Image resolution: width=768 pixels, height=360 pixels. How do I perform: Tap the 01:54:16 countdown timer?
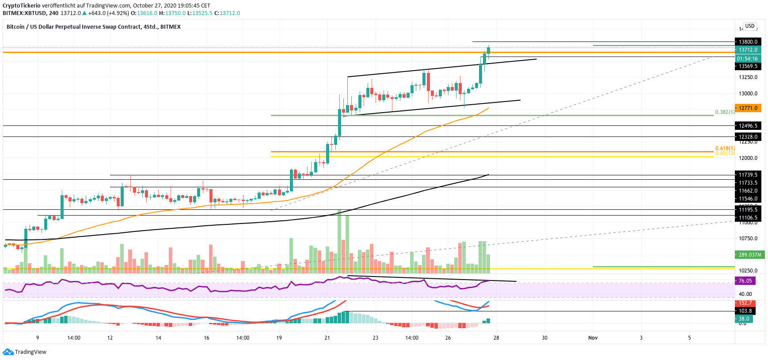tap(747, 58)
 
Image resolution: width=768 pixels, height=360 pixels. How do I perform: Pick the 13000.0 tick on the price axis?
tap(748, 94)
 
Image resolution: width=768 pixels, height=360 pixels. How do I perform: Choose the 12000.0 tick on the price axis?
tap(748, 158)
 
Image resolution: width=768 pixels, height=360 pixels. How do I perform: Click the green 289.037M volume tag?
tap(749, 255)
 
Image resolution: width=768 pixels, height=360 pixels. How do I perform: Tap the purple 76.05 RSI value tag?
tap(745, 281)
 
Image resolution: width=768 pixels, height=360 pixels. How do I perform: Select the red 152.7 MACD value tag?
tap(745, 303)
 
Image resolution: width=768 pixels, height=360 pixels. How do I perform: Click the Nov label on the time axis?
tap(593, 338)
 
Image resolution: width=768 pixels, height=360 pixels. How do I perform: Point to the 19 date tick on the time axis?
tap(279, 338)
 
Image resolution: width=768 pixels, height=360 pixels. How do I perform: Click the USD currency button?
tap(750, 26)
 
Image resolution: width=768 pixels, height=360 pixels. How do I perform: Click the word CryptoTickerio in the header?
tap(22, 6)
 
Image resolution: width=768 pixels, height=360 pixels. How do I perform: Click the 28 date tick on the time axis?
tap(496, 338)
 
